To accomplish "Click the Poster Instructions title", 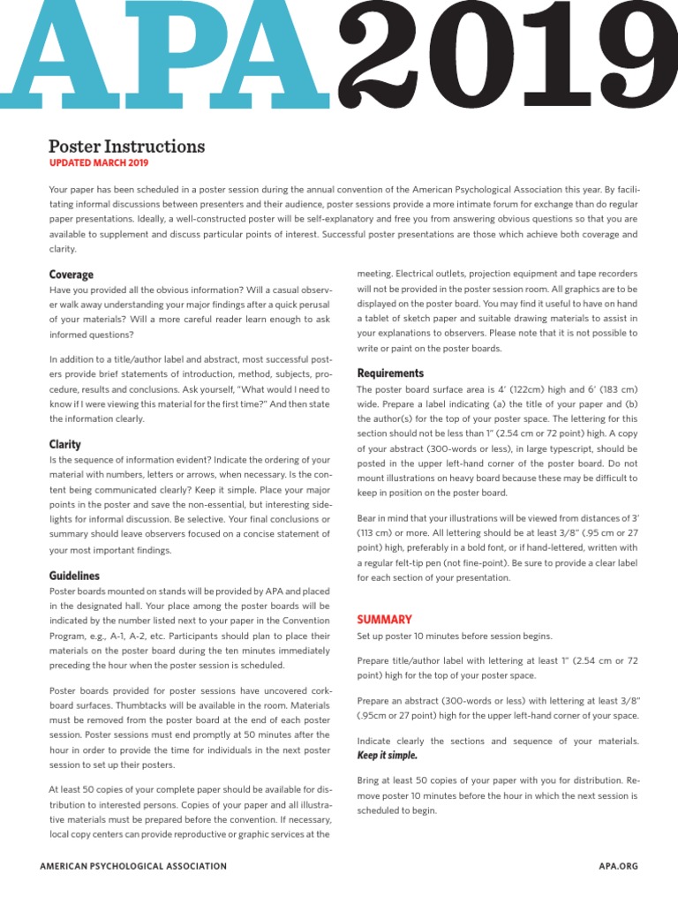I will [126, 147].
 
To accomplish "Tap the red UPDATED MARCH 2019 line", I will [99, 163].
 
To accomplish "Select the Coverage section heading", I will [72, 275].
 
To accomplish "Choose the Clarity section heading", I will [65, 444].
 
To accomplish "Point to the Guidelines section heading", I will [74, 576].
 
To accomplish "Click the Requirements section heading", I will [390, 373].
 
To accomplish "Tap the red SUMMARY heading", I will [384, 620].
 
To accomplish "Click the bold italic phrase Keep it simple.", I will [387, 756].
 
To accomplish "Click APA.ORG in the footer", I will [617, 867].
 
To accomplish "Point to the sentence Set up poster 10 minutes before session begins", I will [455, 636].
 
